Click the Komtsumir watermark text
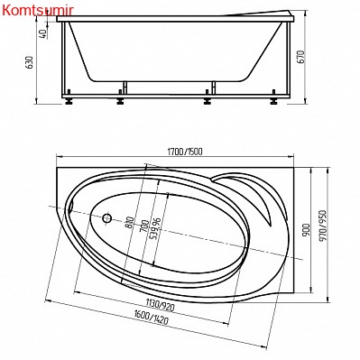[x=38, y=10]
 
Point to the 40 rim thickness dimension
[x=43, y=33]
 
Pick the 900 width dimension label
[x=306, y=229]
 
